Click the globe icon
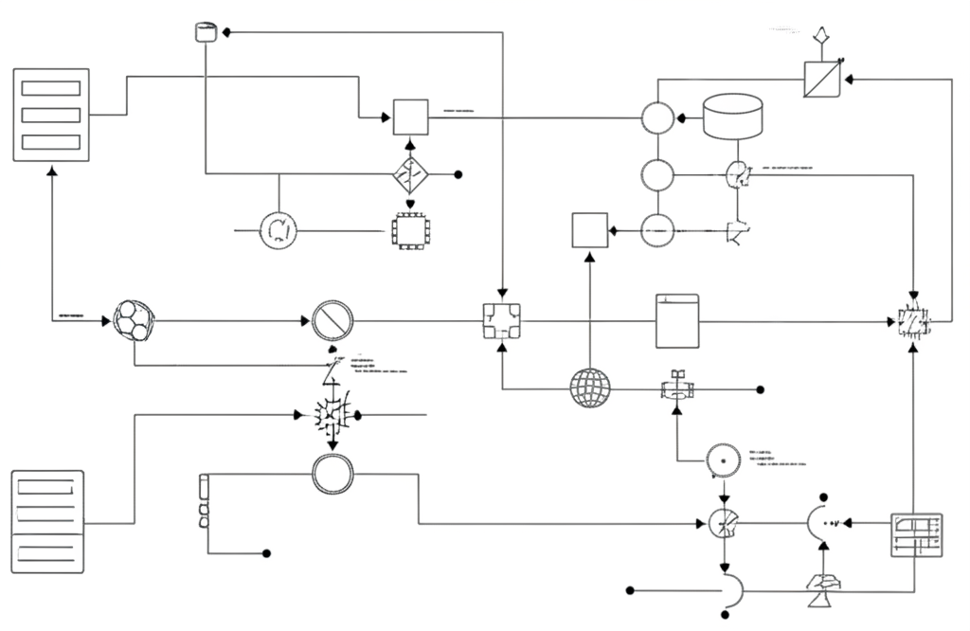[x=590, y=388]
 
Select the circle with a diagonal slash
[x=332, y=322]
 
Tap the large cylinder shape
[x=732, y=117]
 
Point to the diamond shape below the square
[x=410, y=174]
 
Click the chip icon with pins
[x=410, y=230]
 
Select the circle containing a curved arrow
[x=278, y=229]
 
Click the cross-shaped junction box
[x=501, y=322]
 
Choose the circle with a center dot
[x=723, y=460]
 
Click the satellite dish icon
[x=821, y=592]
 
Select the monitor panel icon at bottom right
[x=916, y=536]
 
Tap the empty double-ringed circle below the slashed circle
[x=332, y=474]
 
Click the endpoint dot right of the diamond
[x=458, y=174]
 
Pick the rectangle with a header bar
[x=677, y=322]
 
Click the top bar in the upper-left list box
[x=50, y=88]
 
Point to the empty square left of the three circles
[x=589, y=230]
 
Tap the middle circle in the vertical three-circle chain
[x=657, y=175]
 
